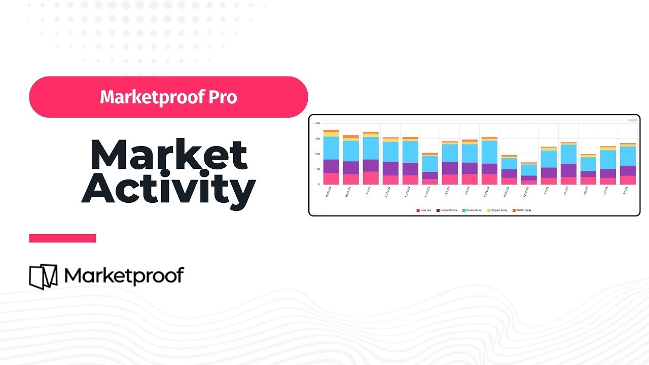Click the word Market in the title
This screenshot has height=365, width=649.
[x=168, y=155]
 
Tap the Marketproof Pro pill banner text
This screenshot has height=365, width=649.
[x=168, y=97]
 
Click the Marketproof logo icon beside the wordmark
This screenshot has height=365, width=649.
[x=44, y=277]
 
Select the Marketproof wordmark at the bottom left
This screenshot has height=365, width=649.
[x=124, y=276]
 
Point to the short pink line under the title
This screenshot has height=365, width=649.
[x=62, y=238]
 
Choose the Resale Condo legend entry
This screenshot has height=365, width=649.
[x=446, y=210]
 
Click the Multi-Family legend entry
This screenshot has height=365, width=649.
[x=522, y=210]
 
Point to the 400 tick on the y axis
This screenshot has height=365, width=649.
[x=317, y=123]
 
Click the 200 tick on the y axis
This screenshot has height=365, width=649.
[x=317, y=154]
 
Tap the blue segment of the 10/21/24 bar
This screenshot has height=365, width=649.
[x=331, y=148]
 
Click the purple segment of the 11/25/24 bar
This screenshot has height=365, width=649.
[x=430, y=175]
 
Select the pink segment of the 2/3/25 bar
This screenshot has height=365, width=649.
[x=628, y=180]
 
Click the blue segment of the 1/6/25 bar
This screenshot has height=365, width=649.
[x=549, y=159]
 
